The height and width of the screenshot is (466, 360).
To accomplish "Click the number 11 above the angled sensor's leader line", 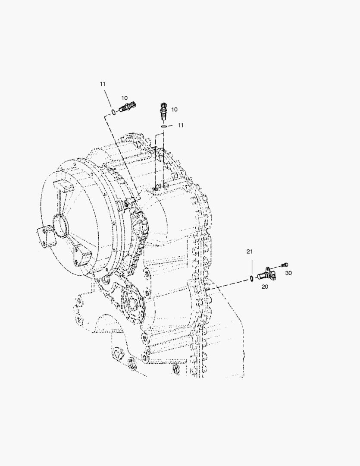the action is [x=103, y=84].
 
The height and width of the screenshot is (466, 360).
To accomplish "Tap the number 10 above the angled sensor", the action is [x=124, y=98].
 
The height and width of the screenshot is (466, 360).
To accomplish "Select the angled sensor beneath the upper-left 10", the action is [x=128, y=107].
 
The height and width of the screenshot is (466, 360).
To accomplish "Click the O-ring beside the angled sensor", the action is [x=113, y=112].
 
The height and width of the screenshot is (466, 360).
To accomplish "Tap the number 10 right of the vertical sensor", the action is [x=174, y=109].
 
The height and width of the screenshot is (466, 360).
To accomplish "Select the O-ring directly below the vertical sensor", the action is [x=164, y=126].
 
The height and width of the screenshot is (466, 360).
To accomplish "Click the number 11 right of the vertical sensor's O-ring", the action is [x=181, y=125].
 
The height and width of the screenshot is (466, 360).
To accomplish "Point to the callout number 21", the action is [x=250, y=252].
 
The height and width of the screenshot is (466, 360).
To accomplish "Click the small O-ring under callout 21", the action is [x=251, y=278].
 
